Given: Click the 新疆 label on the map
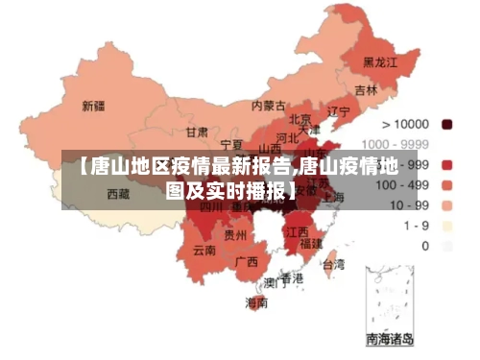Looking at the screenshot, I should click(x=93, y=106).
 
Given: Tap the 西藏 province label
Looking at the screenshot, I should click(x=118, y=193).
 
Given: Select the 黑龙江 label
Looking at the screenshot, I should click(x=378, y=62).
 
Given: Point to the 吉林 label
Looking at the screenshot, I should click(x=366, y=90).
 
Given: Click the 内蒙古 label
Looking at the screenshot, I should click(x=268, y=106).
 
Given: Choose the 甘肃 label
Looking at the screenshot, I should click(x=197, y=132).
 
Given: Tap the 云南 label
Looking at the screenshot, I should click(x=204, y=251).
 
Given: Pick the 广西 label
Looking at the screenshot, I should click(x=246, y=260).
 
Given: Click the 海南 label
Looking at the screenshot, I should click(x=256, y=302).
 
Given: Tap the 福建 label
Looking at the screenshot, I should click(x=311, y=244).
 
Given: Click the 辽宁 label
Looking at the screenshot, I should click(x=339, y=111).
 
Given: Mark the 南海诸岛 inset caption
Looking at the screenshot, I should click(x=390, y=338).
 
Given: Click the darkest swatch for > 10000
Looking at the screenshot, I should click(x=446, y=125).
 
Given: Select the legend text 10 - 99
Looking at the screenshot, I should click(x=406, y=205).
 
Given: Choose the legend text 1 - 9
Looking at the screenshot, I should click(x=416, y=226).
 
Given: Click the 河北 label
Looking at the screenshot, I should click(x=288, y=137).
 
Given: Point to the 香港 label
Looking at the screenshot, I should click(x=291, y=278).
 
